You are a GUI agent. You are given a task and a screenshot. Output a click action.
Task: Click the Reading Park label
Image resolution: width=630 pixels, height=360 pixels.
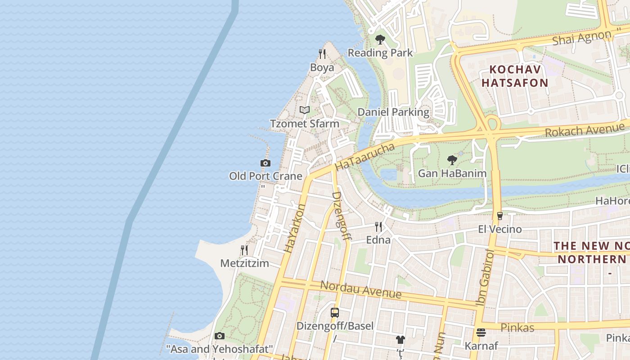380,53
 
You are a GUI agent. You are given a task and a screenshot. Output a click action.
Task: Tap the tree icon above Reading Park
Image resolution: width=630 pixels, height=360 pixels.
380,40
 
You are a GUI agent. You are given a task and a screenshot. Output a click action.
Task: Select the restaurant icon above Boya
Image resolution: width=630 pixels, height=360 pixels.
322,54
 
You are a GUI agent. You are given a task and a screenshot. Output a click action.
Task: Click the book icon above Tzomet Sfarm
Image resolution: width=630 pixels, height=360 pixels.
305,110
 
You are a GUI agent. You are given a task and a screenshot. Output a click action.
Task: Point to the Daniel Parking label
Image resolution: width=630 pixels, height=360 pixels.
393,112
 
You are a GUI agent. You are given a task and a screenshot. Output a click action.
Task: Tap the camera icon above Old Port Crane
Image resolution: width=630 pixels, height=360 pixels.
265,163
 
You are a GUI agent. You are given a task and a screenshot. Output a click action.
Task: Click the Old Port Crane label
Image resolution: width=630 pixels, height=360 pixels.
265,176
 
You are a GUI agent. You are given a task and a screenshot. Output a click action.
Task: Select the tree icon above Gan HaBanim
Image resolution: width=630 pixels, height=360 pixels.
452,160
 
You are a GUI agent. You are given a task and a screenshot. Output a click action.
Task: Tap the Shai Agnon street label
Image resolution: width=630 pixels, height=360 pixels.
583,37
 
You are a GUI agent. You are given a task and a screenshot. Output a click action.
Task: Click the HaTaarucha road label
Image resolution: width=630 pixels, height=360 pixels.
365,157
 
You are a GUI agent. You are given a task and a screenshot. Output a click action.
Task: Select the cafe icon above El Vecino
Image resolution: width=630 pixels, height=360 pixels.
499,216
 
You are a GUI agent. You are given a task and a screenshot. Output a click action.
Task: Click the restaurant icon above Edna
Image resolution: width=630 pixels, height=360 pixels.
378,226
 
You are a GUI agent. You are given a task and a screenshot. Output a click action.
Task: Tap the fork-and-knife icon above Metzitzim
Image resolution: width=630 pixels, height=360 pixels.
244,250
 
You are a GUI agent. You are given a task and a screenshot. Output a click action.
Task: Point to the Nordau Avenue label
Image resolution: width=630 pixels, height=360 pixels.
361,290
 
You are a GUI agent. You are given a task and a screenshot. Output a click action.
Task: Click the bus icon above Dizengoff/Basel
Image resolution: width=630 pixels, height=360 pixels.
335,313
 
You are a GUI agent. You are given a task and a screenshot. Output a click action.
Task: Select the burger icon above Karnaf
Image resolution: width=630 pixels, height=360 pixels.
481,333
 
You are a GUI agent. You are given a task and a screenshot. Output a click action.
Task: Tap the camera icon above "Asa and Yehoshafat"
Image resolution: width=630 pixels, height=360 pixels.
220,336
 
